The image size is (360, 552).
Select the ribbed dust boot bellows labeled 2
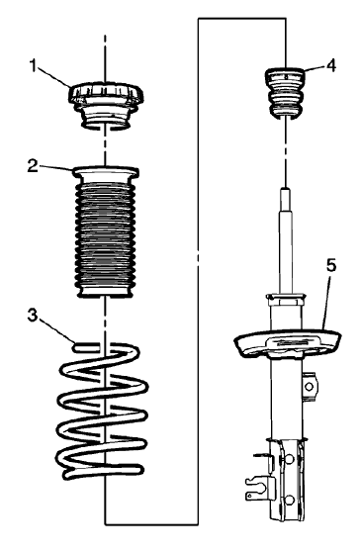click(x=105, y=232)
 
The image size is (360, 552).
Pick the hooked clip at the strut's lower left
click(x=257, y=485)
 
